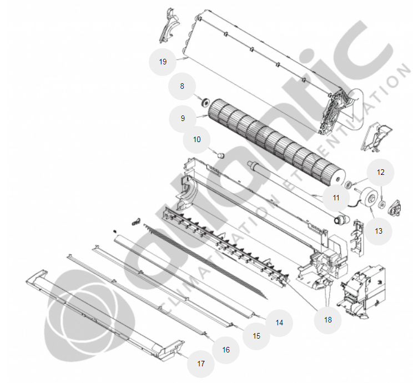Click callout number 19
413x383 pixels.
coord(163,62)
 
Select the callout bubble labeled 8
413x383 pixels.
coord(182,87)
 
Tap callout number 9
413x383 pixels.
coord(183,118)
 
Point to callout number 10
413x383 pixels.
coord(197,140)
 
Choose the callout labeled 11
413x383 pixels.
coord(336,198)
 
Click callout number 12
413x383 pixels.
coord(381,172)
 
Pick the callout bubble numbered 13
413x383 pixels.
coord(379,231)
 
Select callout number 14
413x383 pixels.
coord(279,323)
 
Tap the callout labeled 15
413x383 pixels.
coord(256,336)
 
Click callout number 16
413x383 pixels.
coord(226,350)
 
